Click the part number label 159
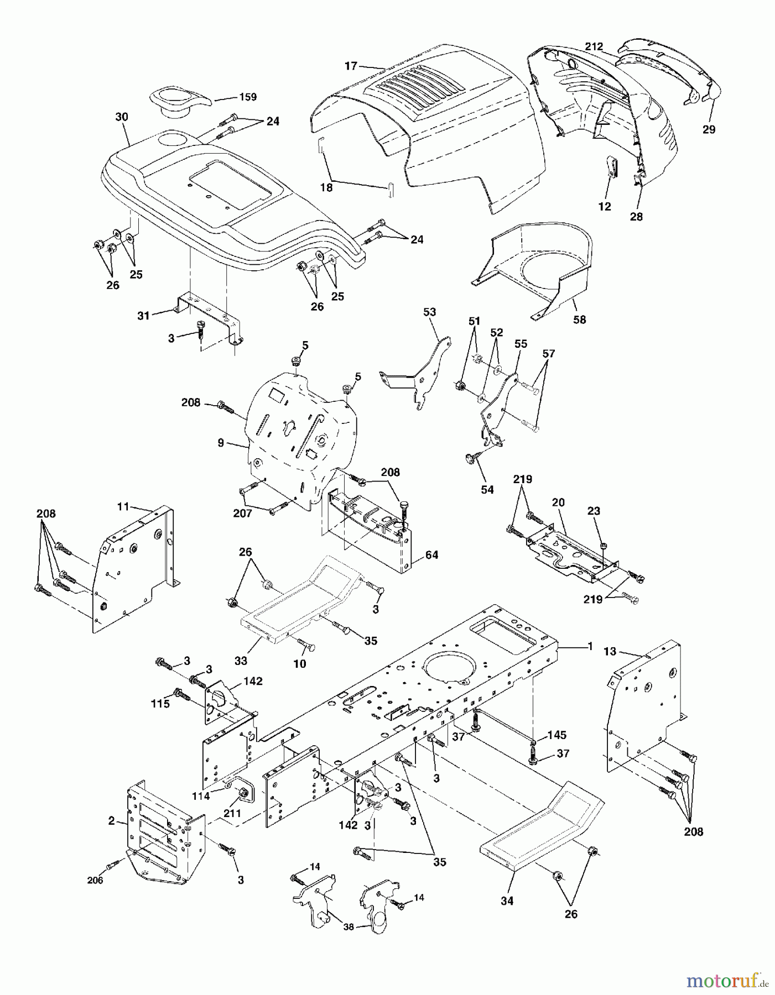coord(248,97)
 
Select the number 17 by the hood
coord(351,66)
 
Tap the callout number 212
coord(594,46)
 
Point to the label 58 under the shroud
coord(579,320)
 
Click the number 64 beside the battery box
coord(431,554)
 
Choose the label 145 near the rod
coord(556,735)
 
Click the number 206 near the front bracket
coord(95,881)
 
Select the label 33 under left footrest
coord(241,661)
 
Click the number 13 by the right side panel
coord(609,652)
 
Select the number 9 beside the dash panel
coord(221,443)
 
